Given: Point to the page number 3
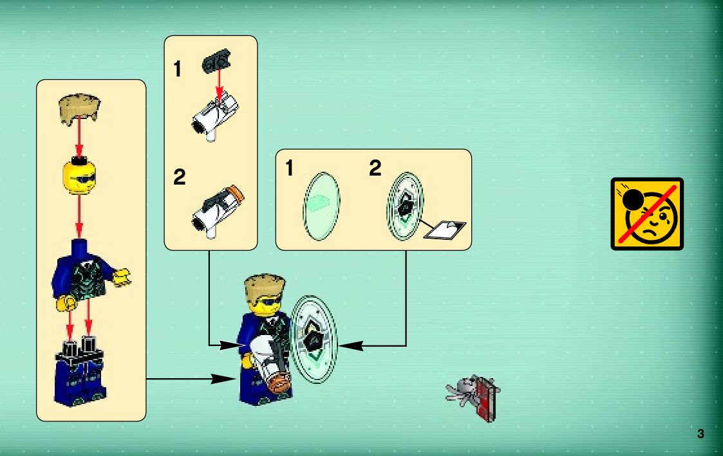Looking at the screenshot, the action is click(x=700, y=433).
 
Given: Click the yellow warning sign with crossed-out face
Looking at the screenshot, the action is click(x=646, y=214).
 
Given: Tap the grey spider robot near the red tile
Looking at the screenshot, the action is click(x=461, y=390).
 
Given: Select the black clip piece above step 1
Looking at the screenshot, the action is click(x=216, y=63).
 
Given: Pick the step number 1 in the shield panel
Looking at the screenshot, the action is click(x=290, y=169).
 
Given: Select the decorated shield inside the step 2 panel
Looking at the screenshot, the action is click(x=406, y=205).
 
